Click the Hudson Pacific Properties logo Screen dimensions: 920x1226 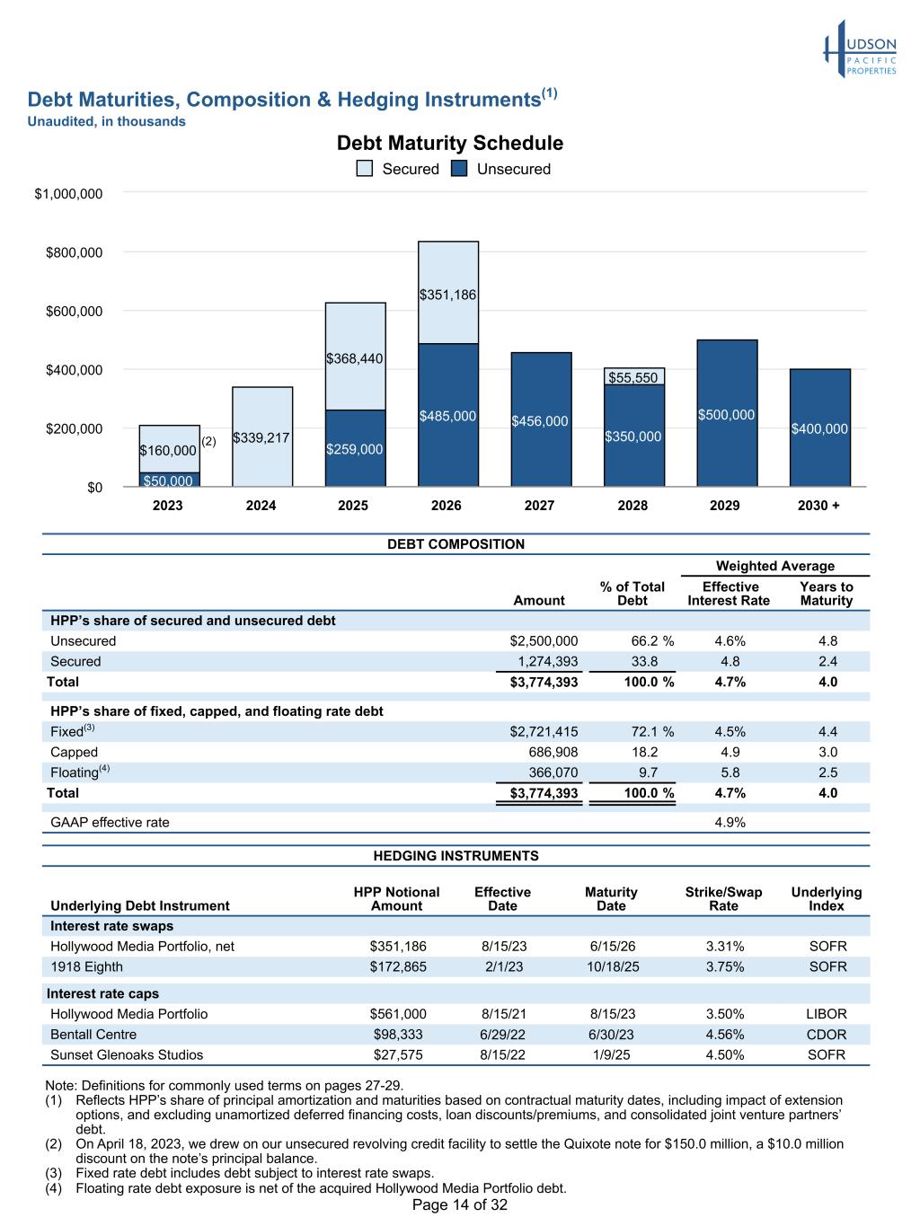click(x=859, y=49)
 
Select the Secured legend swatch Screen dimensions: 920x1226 click(x=364, y=169)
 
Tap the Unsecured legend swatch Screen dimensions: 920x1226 click(x=458, y=169)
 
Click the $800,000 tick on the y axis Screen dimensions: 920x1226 click(x=74, y=252)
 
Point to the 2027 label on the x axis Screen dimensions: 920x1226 click(x=539, y=506)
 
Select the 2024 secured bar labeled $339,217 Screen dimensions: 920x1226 click(x=262, y=437)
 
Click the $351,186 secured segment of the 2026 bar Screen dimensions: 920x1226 click(x=448, y=292)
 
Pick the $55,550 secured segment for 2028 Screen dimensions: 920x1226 click(x=634, y=376)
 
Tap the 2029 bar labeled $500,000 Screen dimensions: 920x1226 click(x=728, y=413)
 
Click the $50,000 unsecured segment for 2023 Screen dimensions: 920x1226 click(x=169, y=480)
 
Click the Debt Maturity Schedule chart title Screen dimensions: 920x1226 click(x=449, y=143)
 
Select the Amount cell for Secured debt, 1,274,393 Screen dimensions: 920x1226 click(x=547, y=661)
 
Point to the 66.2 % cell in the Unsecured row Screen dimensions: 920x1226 click(x=652, y=640)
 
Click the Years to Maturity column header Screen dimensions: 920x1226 click(x=827, y=593)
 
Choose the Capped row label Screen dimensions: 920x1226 click(x=74, y=753)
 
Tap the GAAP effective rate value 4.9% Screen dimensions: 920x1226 click(x=730, y=822)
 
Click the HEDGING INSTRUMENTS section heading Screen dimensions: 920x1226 click(x=456, y=856)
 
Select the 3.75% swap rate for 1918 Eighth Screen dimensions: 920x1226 click(x=724, y=966)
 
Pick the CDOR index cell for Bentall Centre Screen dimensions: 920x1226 click(x=827, y=1035)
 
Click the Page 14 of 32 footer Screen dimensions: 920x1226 click(x=460, y=1204)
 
